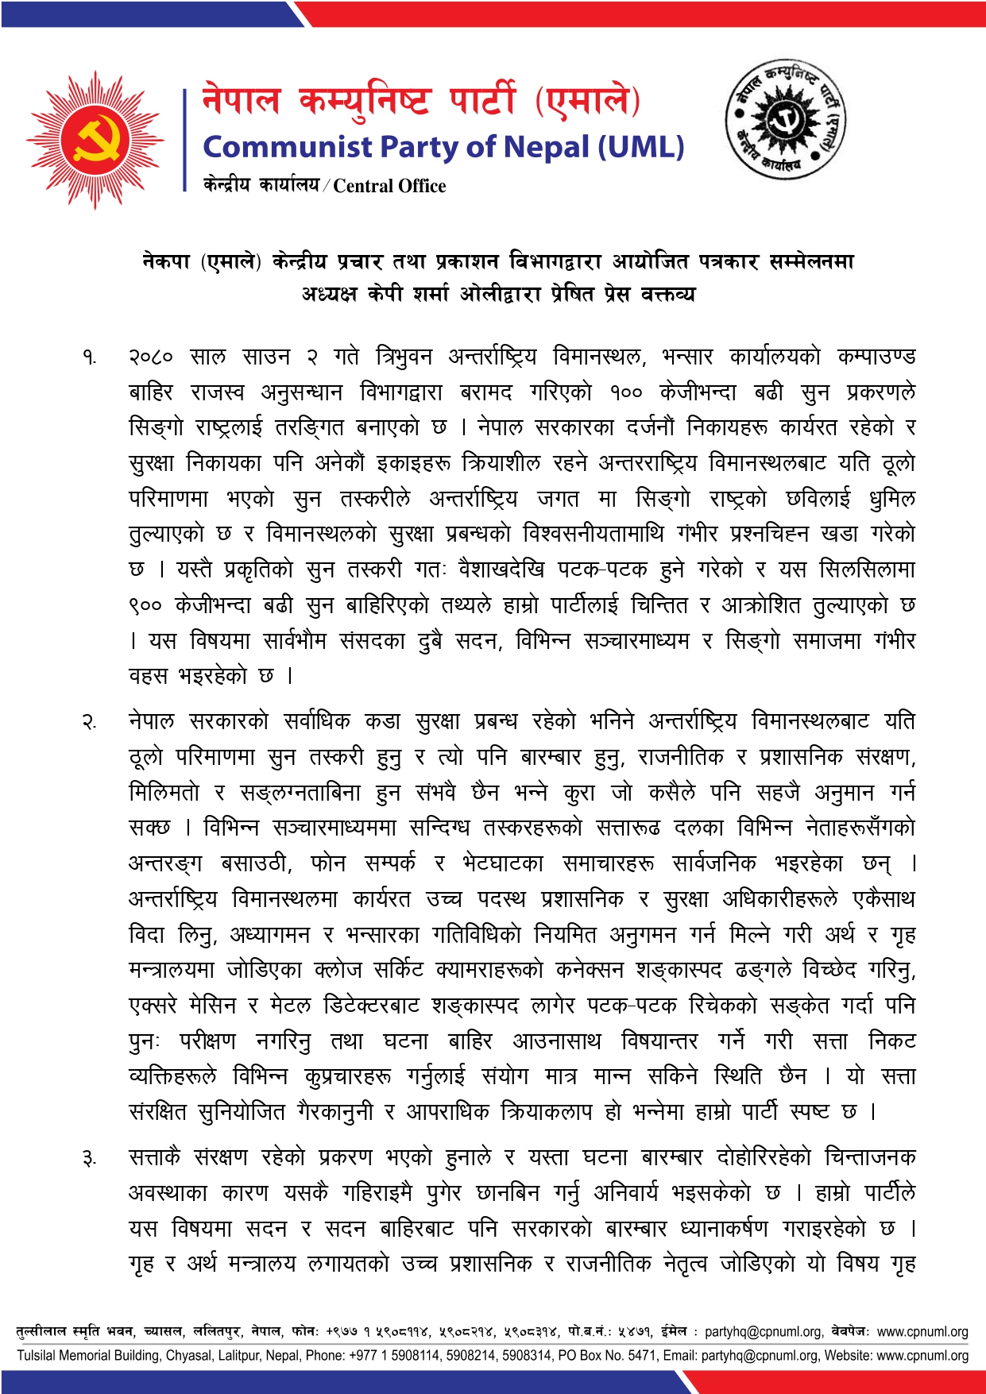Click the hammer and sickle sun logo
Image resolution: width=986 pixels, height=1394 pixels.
[95, 141]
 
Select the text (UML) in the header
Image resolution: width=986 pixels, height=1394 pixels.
[640, 148]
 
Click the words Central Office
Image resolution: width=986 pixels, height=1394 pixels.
[389, 186]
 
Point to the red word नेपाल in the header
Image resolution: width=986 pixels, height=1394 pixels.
[241, 101]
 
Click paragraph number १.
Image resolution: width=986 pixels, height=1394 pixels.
[90, 357]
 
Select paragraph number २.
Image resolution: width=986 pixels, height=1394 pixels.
[90, 723]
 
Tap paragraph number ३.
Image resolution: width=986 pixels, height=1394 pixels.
[90, 1159]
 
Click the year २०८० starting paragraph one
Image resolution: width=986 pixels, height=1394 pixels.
[150, 357]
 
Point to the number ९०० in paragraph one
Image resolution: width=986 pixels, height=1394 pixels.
[145, 606]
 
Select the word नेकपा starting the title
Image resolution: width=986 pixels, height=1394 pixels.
[166, 261]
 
